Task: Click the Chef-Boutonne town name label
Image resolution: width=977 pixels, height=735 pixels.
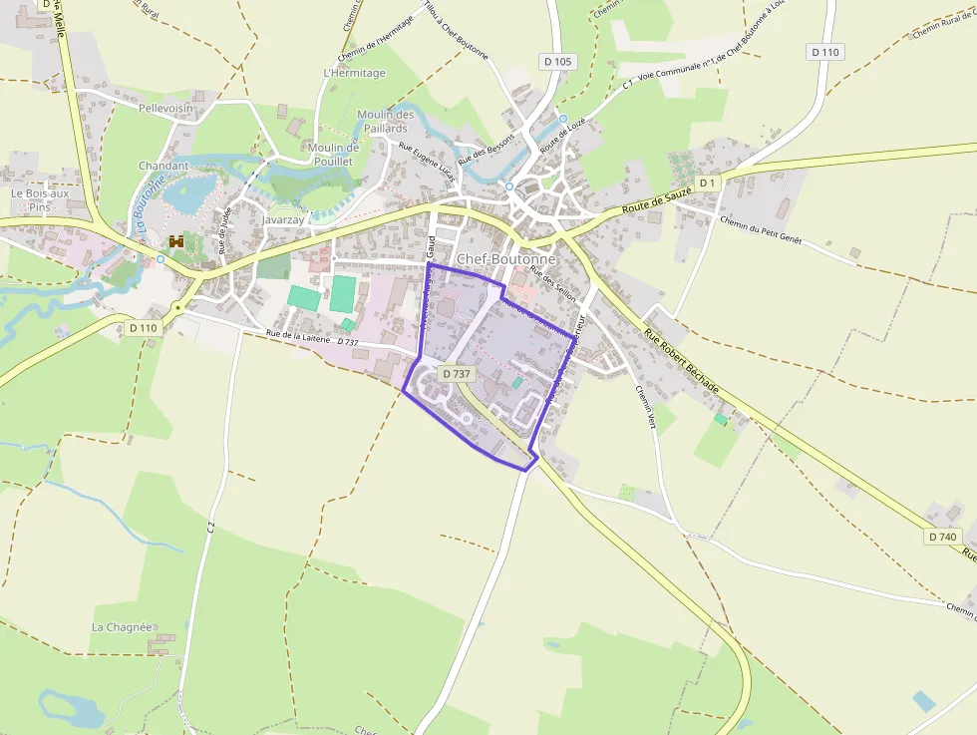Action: (x=505, y=259)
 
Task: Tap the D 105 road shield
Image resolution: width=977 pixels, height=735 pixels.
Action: (x=558, y=62)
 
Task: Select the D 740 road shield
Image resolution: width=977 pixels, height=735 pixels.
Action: (x=941, y=537)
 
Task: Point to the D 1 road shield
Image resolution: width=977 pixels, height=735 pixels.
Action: (x=707, y=184)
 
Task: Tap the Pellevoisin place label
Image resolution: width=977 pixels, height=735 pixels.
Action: (x=165, y=108)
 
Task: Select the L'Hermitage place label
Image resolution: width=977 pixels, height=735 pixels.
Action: (x=354, y=74)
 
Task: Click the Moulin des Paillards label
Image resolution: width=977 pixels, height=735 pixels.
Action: (x=385, y=122)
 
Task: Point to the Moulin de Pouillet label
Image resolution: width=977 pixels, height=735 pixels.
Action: (x=333, y=154)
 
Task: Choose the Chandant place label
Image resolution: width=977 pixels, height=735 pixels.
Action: (x=163, y=166)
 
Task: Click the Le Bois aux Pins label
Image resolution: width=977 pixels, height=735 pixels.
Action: (x=40, y=200)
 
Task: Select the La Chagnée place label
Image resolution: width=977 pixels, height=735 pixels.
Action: (x=122, y=627)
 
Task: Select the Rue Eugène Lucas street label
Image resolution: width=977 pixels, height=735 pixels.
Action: (x=426, y=161)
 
